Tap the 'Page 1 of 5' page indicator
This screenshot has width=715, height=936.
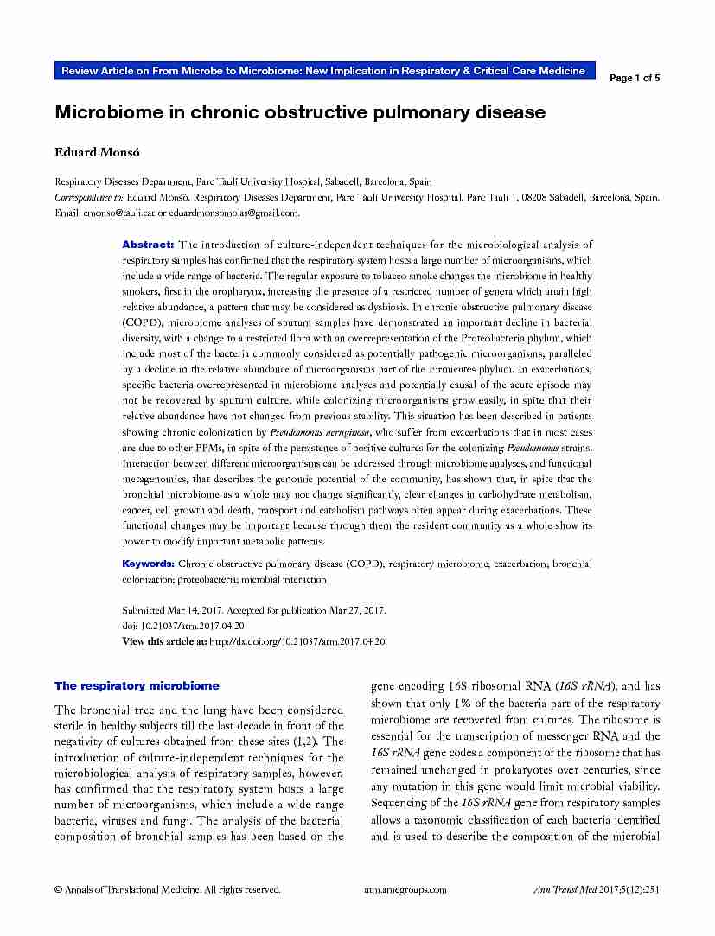tap(635, 78)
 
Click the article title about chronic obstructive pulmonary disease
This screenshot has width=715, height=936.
tap(300, 112)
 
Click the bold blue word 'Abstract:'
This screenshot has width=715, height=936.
tap(148, 245)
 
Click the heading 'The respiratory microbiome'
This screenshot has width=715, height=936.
tap(137, 685)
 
